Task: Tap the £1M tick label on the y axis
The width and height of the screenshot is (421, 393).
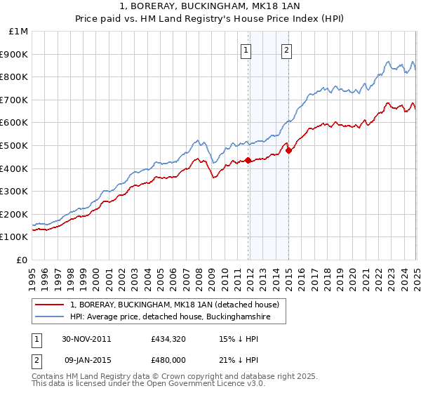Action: [18, 32]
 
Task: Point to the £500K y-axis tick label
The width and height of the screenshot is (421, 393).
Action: [15, 145]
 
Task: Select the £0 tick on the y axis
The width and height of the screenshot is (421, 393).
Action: [22, 260]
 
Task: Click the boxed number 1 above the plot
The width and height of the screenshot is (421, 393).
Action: [247, 50]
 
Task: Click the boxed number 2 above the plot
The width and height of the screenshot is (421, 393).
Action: [287, 50]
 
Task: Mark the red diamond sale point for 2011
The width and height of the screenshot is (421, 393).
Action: [248, 160]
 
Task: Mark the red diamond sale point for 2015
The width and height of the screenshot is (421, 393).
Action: [288, 149]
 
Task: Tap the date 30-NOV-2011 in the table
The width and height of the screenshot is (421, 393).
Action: [87, 339]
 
